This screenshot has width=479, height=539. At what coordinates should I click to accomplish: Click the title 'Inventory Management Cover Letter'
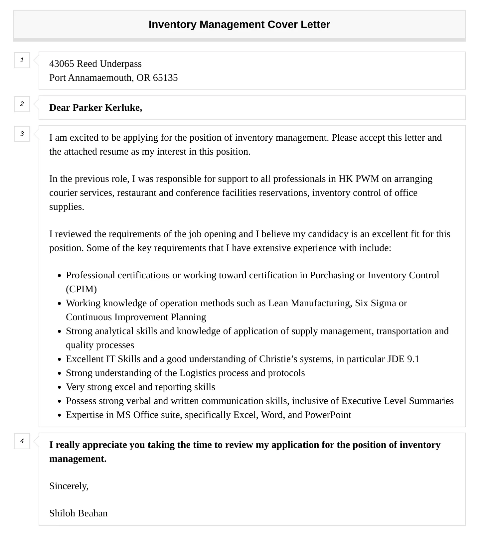tap(239, 25)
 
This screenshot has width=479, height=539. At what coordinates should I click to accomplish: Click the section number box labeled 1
tap(22, 60)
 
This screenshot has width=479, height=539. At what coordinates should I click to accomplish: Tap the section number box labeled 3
tap(22, 134)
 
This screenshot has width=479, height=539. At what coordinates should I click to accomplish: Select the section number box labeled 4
tap(22, 441)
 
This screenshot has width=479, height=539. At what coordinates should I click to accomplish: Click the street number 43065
tap(62, 64)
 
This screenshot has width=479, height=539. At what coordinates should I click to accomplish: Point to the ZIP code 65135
tap(165, 78)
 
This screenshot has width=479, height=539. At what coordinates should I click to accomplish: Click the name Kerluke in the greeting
tap(123, 108)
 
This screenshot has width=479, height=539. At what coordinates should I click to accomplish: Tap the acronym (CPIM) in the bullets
tap(81, 289)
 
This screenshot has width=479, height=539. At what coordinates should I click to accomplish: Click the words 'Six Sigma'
tap(375, 303)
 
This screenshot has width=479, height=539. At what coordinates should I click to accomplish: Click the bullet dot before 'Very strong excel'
tap(59, 387)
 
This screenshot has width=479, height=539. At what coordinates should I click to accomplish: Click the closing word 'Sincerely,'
tap(69, 486)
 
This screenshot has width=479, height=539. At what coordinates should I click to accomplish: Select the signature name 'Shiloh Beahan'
tap(79, 513)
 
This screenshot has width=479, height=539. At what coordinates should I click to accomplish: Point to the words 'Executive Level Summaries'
tap(397, 401)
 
